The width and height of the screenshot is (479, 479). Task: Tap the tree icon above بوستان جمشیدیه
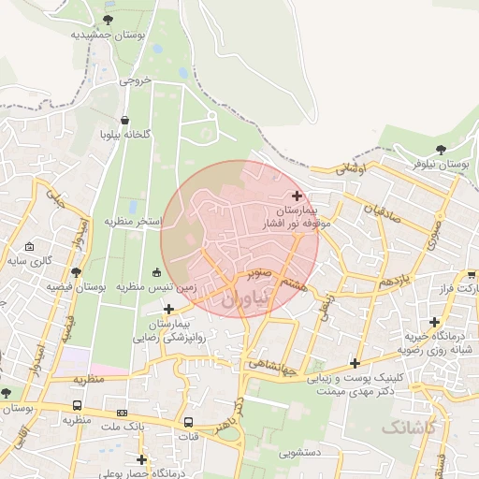[x=109, y=19]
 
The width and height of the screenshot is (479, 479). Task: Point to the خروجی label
[x=134, y=81]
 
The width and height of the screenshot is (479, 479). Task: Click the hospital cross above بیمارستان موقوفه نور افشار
[x=298, y=196]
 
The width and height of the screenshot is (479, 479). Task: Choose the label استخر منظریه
[x=134, y=221]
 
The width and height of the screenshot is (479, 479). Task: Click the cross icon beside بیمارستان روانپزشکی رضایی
[x=168, y=309]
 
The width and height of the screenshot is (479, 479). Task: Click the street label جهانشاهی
[x=273, y=365]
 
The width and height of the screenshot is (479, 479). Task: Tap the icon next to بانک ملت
[x=122, y=413]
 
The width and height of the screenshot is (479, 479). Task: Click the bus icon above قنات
[x=188, y=422]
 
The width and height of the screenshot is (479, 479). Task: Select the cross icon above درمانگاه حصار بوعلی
[x=141, y=458]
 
